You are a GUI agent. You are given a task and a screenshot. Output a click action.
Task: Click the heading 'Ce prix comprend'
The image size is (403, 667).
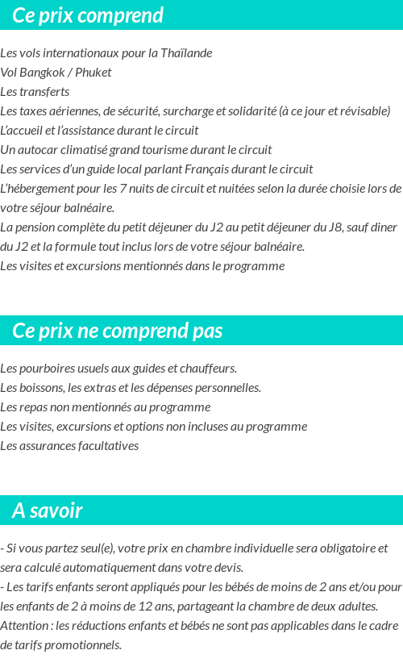coord(88,15)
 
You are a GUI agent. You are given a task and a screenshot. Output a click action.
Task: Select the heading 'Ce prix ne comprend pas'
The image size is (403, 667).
coord(118,331)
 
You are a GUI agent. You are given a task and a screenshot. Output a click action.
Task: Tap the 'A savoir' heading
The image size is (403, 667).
coord(48,511)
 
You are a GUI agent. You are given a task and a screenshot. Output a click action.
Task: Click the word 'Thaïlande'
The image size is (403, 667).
coord(186,53)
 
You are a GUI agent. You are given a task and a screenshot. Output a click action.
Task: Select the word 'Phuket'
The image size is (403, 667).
coord(93,73)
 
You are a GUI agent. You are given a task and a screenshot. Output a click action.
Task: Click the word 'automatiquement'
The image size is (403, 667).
coord(138,568)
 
